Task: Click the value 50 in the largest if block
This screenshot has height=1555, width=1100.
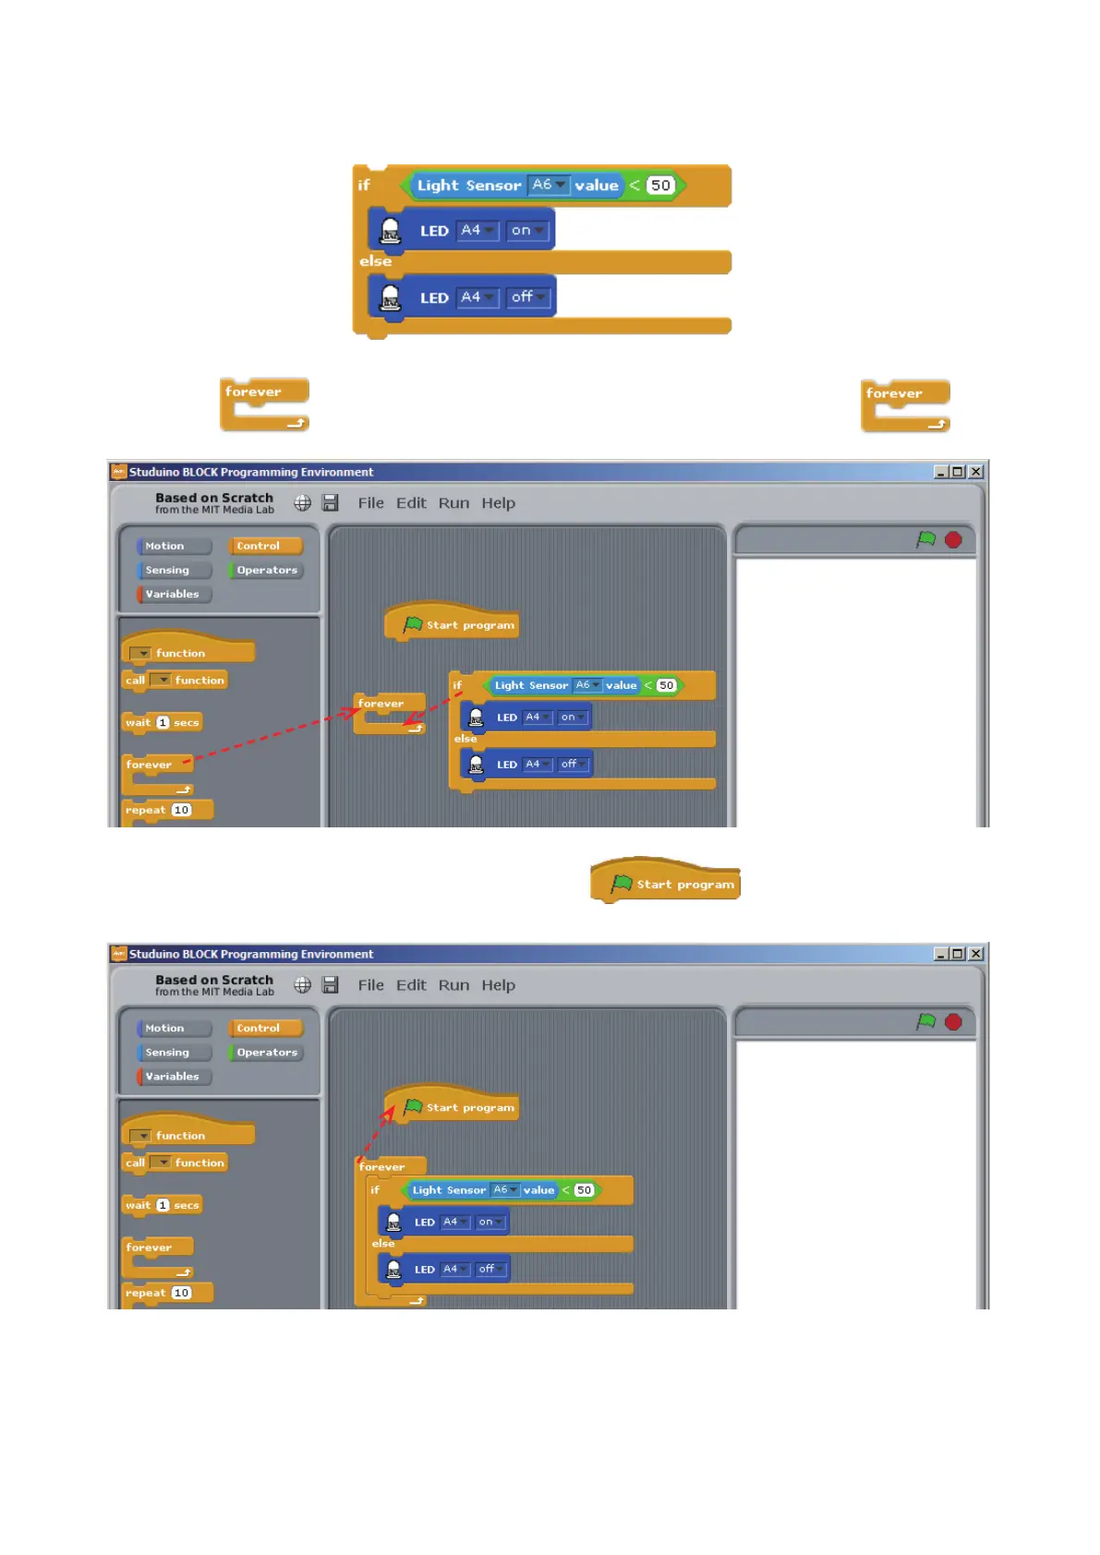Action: [x=660, y=186]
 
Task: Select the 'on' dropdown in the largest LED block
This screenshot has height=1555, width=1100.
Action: [x=527, y=230]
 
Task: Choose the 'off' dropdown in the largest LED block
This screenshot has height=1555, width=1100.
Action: [x=528, y=297]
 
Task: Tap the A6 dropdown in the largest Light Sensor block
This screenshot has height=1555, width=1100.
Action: [x=548, y=185]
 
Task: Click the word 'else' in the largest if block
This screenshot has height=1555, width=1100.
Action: [x=376, y=261]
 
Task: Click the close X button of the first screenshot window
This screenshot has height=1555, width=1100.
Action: [x=975, y=472]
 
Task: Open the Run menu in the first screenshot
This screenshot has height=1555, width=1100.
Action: [x=453, y=503]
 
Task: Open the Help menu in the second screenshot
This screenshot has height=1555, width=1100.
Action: [x=498, y=985]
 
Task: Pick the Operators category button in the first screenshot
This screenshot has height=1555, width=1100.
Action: [x=266, y=571]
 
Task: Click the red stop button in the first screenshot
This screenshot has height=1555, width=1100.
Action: [x=953, y=540]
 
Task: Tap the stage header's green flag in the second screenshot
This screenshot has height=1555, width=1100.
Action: [x=925, y=1021]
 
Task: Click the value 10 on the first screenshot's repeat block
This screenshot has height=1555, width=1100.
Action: [x=182, y=810]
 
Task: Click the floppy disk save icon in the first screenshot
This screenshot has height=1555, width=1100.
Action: [x=330, y=503]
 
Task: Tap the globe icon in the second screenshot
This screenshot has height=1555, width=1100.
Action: [x=303, y=985]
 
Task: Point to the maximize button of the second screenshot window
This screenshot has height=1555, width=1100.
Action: [x=958, y=954]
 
